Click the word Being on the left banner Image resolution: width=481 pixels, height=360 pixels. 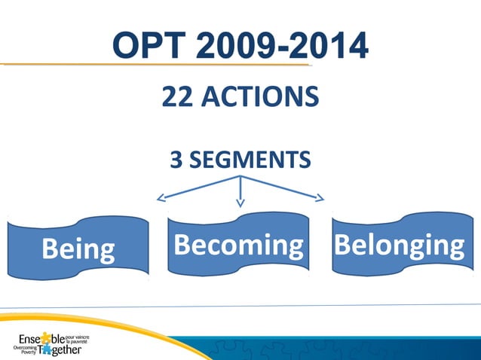tap(78, 249)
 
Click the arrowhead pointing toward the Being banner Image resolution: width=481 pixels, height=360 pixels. tap(160, 199)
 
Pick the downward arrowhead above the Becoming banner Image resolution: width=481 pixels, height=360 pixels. tap(240, 202)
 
